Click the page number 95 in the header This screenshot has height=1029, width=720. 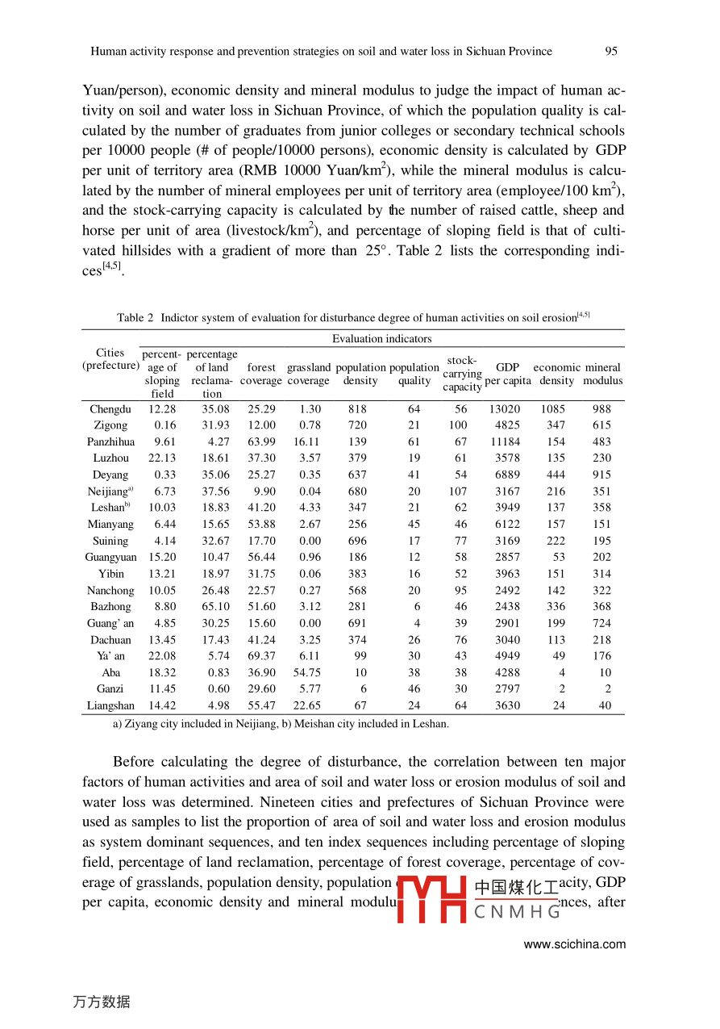[x=611, y=51]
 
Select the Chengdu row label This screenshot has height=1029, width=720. [x=110, y=409]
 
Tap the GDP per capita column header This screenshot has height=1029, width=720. [x=508, y=374]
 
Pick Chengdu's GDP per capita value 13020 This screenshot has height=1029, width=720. [x=505, y=409]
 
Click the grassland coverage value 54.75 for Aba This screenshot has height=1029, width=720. [x=306, y=672]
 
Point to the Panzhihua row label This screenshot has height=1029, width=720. [x=110, y=441]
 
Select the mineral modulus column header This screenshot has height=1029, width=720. [x=602, y=374]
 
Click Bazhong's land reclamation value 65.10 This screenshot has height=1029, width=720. [x=215, y=606]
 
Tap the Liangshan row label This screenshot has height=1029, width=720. [x=110, y=705]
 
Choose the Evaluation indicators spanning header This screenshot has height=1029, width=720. [x=381, y=339]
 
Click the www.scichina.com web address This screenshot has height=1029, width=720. [x=574, y=944]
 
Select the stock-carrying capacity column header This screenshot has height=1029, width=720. [x=462, y=374]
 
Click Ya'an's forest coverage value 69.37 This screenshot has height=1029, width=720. [x=261, y=656]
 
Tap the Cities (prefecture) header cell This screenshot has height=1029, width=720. [x=110, y=359]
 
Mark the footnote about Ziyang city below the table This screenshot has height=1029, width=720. [x=281, y=724]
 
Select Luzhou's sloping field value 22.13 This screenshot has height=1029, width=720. [x=162, y=458]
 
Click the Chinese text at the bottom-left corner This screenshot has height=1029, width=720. [x=101, y=1002]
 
